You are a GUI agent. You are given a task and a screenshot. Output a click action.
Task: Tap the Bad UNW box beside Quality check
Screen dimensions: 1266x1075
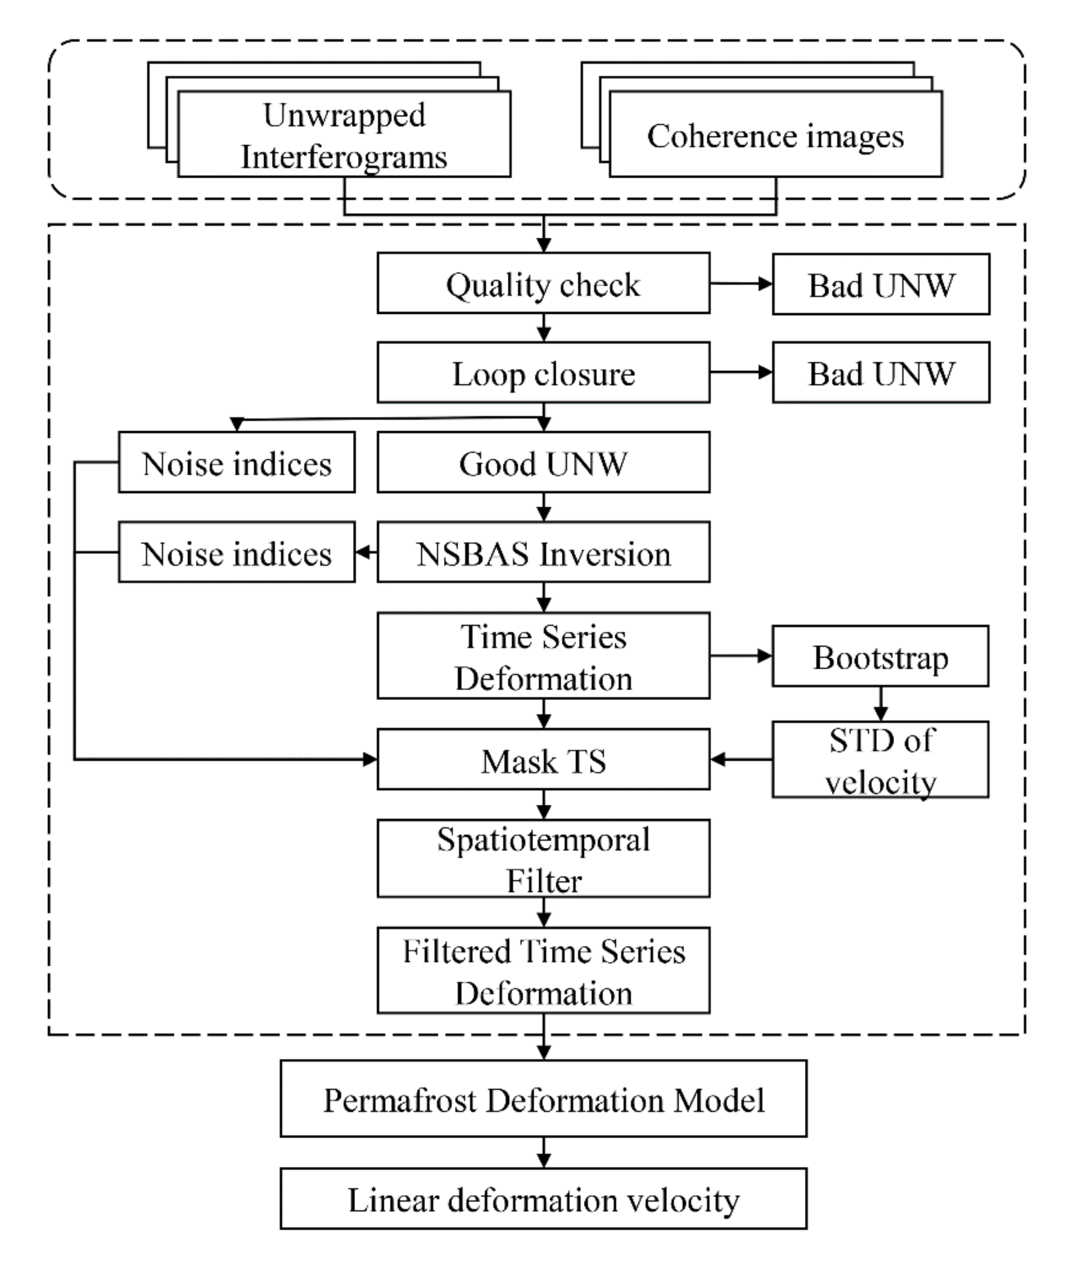[881, 285]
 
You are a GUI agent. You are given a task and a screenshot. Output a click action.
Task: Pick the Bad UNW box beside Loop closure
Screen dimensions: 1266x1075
[881, 372]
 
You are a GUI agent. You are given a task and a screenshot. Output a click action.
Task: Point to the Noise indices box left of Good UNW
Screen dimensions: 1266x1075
[236, 463]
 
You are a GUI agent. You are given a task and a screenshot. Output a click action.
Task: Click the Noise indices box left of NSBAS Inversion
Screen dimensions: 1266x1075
[236, 552]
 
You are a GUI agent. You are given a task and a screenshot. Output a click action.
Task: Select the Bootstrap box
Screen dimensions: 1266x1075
[880, 656]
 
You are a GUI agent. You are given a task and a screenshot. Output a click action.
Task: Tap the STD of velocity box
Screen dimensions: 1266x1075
[880, 760]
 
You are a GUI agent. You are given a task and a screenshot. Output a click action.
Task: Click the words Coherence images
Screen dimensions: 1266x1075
[775, 136]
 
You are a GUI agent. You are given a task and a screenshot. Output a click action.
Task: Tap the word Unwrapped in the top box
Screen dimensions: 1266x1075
[344, 115]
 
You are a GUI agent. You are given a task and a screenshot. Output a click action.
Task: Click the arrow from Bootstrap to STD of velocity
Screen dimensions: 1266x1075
[880, 704]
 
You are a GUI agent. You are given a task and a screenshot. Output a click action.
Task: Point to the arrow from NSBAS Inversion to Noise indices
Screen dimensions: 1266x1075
[366, 552]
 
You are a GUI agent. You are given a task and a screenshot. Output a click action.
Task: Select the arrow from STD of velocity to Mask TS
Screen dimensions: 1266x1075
[741, 760]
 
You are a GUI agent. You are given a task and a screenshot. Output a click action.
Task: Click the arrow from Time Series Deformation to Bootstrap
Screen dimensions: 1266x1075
[741, 656]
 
